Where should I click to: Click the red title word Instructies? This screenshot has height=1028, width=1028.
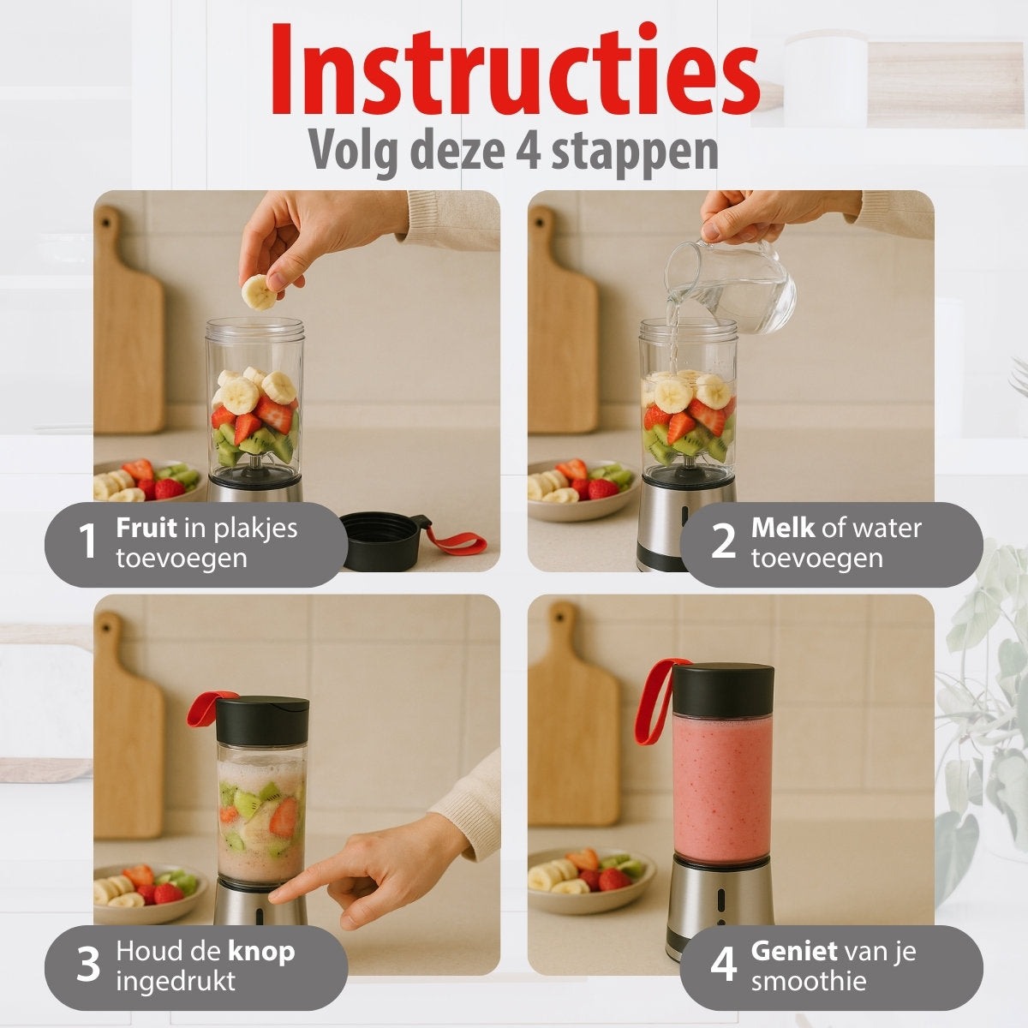pos(516,69)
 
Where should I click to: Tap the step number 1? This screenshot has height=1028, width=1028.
pos(87,541)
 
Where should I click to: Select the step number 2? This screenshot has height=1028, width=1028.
pos(723,541)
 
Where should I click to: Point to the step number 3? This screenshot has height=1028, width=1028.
pos(88,964)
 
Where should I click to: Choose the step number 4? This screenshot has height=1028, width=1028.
pos(723,964)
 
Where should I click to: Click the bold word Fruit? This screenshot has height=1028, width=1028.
pos(146,529)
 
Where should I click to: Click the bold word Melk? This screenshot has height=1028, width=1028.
pos(783,528)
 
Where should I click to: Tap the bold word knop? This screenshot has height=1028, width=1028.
pos(261,952)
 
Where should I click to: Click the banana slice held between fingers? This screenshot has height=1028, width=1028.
pos(259,292)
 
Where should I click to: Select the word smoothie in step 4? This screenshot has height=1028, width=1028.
pos(809,982)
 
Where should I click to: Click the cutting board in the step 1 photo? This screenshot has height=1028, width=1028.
pos(128,320)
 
